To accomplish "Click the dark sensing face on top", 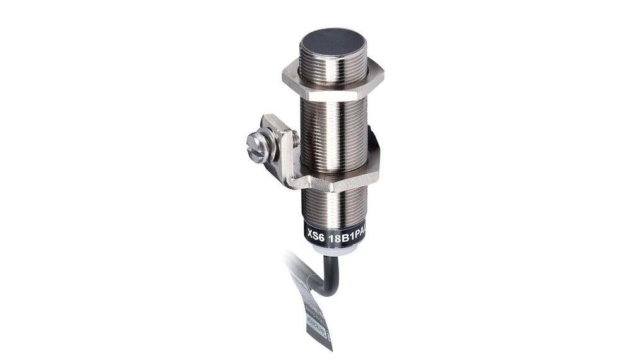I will [333, 42].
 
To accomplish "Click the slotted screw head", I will [259, 147].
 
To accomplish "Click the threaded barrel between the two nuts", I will [333, 133].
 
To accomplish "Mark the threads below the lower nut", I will [333, 205].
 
